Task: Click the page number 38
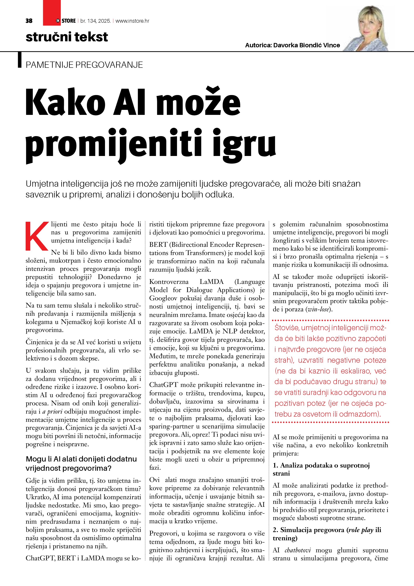(x=29, y=21)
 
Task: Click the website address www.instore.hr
(x=132, y=21)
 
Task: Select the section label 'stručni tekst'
(x=67, y=37)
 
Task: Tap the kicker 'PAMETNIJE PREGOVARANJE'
(x=84, y=65)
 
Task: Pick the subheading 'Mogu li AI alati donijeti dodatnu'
(x=81, y=459)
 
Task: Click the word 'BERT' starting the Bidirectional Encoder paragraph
(x=158, y=245)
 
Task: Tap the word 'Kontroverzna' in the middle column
(x=169, y=282)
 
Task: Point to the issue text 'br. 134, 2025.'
(x=96, y=21)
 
